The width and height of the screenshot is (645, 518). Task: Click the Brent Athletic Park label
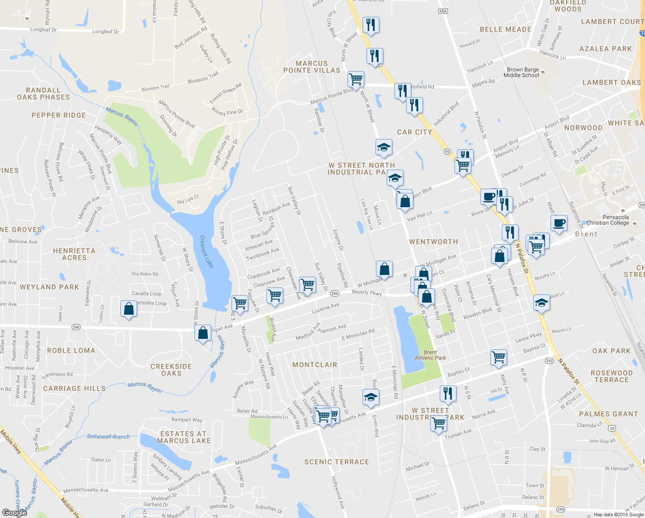click(x=430, y=355)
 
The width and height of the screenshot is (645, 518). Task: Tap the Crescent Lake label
click(x=207, y=252)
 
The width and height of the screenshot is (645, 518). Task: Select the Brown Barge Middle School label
click(x=523, y=73)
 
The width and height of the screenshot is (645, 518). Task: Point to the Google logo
click(x=14, y=512)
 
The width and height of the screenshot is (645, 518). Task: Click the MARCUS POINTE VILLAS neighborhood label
click(x=312, y=67)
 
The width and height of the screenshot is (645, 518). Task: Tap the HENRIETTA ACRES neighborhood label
click(x=74, y=254)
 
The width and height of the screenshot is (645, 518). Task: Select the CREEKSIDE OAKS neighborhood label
click(x=171, y=370)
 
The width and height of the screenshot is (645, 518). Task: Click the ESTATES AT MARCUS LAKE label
click(x=184, y=437)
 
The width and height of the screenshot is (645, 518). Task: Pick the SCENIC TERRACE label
click(x=337, y=462)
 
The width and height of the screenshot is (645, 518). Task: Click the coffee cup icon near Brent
click(x=559, y=223)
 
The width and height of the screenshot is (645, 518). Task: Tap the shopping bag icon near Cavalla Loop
click(x=129, y=309)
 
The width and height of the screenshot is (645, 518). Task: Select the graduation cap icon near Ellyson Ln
click(x=371, y=398)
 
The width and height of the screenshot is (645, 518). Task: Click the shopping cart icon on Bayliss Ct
click(x=498, y=357)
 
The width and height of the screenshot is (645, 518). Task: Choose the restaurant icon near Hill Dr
click(x=448, y=394)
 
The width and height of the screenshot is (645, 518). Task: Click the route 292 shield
click(x=549, y=361)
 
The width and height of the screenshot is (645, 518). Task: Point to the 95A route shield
click(x=443, y=11)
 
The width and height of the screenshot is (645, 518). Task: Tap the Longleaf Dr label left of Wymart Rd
click(x=43, y=30)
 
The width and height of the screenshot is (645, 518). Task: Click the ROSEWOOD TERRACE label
click(x=611, y=376)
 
